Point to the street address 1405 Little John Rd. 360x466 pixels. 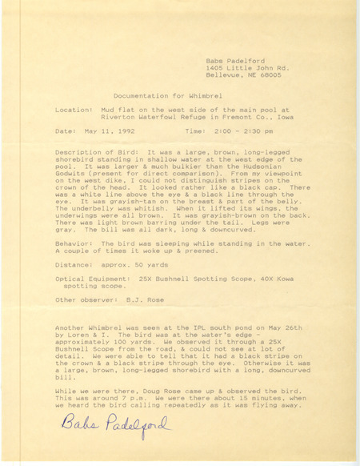point(243,66)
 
